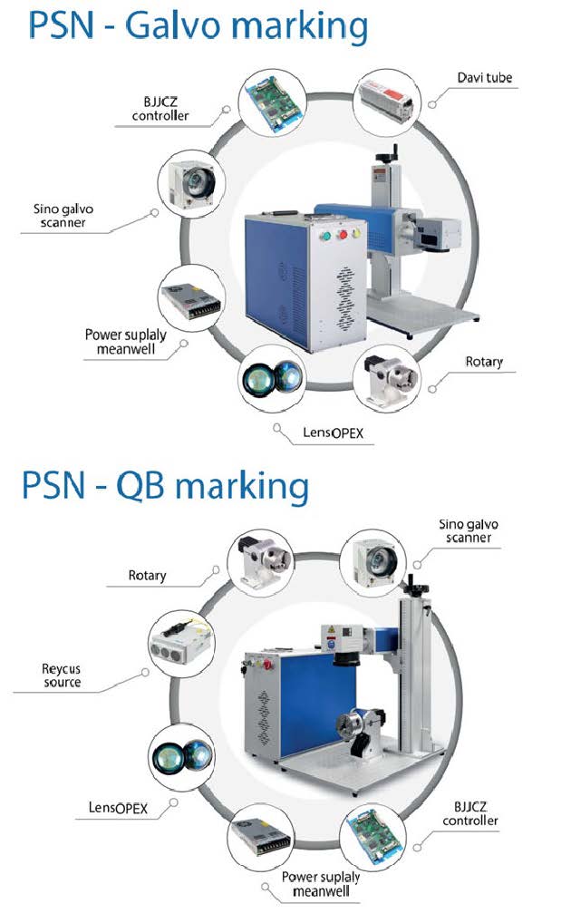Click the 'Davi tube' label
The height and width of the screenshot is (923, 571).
pyautogui.click(x=485, y=78)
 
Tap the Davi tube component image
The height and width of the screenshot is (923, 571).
pyautogui.click(x=387, y=100)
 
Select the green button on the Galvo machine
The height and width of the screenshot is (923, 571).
pyautogui.click(x=324, y=236)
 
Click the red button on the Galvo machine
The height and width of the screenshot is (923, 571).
pyautogui.click(x=343, y=235)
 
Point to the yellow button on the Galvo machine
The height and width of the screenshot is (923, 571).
pyautogui.click(x=357, y=233)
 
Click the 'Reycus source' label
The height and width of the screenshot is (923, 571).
pyautogui.click(x=62, y=675)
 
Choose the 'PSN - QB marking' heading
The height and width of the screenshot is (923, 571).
pyautogui.click(x=166, y=486)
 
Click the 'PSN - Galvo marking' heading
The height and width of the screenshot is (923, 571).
pyautogui.click(x=198, y=26)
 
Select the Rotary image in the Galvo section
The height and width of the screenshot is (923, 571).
pyautogui.click(x=387, y=380)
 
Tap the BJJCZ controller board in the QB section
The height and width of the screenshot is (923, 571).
pyautogui.click(x=373, y=835)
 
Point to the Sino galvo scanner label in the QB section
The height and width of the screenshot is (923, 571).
pyautogui.click(x=468, y=531)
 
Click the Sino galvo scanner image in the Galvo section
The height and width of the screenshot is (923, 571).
pyautogui.click(x=191, y=183)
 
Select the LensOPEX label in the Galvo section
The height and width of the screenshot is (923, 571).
pyautogui.click(x=334, y=433)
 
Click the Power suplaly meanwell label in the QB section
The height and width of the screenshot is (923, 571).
pyautogui.click(x=321, y=884)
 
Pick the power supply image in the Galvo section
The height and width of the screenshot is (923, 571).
pyautogui.click(x=191, y=301)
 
